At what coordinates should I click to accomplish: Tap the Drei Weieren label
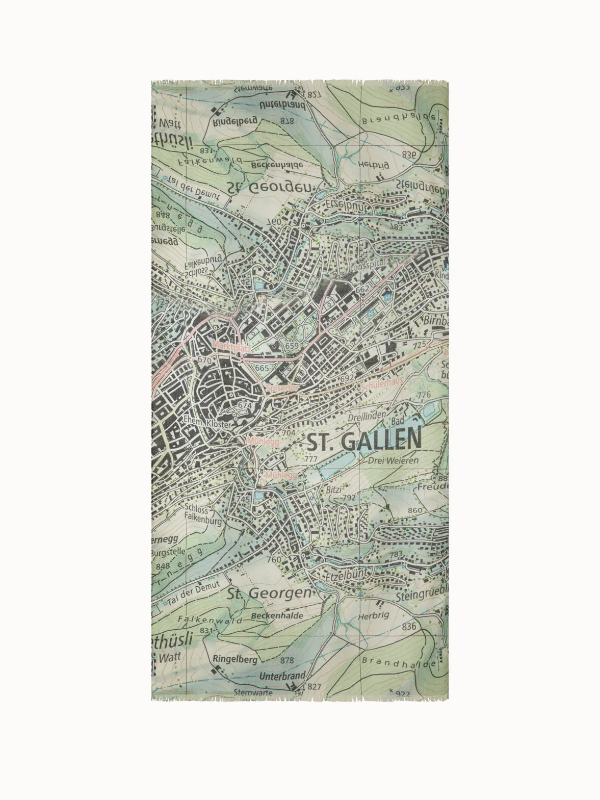coord(393,460)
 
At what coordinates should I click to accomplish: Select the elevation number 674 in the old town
coord(245,405)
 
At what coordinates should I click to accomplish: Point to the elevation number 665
coord(262,368)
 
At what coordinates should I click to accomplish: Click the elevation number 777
coord(310,459)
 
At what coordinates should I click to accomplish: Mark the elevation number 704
coord(288,433)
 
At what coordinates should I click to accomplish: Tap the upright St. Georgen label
coord(269,593)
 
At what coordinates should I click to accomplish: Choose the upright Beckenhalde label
coord(277,616)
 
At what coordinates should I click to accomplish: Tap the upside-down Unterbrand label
coord(282,105)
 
